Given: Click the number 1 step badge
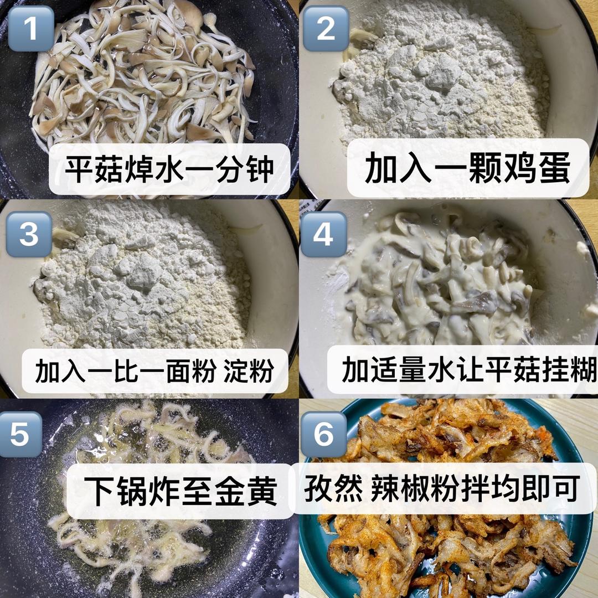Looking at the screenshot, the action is click(x=31, y=28).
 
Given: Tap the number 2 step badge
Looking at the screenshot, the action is click(x=326, y=28).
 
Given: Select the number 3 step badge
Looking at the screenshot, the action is click(x=29, y=234).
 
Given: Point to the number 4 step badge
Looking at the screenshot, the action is click(x=323, y=234).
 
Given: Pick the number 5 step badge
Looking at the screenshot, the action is click(x=20, y=434).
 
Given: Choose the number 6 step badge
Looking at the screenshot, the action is click(x=323, y=434).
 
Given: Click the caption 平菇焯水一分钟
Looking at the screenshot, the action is click(x=169, y=168).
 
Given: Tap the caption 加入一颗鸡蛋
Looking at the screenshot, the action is click(x=467, y=168).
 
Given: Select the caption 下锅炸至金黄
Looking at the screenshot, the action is click(x=181, y=491).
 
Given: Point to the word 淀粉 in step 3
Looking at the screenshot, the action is click(x=248, y=370).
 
